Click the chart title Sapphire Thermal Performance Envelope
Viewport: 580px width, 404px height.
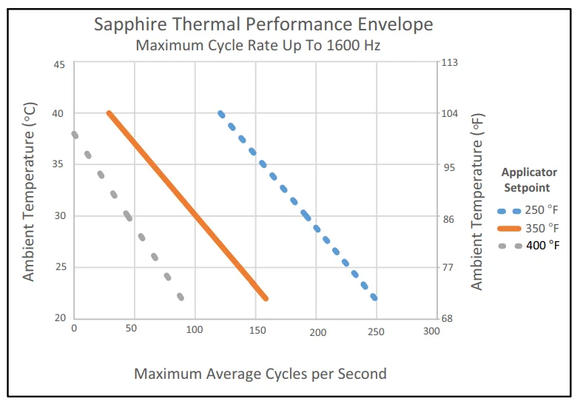263,24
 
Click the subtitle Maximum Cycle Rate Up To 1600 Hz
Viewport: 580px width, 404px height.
257,45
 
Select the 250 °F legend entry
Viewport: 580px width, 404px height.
531,210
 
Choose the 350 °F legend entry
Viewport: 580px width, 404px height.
531,228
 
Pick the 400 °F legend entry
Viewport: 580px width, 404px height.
531,245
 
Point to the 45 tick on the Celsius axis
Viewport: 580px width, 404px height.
58,64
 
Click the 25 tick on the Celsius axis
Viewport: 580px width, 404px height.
58,267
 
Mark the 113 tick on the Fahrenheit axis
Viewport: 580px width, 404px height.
449,63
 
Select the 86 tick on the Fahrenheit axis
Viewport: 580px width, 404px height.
447,220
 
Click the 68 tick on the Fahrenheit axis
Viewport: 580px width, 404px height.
447,319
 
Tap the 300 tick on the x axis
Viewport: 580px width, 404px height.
431,331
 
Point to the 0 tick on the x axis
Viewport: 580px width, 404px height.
73,329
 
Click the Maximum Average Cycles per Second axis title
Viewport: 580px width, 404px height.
260,373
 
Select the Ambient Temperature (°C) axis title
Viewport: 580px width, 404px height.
29,191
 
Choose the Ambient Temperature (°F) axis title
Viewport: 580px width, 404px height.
477,201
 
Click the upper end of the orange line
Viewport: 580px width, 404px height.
109,113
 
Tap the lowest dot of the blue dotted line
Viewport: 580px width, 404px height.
374,297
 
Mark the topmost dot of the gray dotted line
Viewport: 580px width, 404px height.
75,135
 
